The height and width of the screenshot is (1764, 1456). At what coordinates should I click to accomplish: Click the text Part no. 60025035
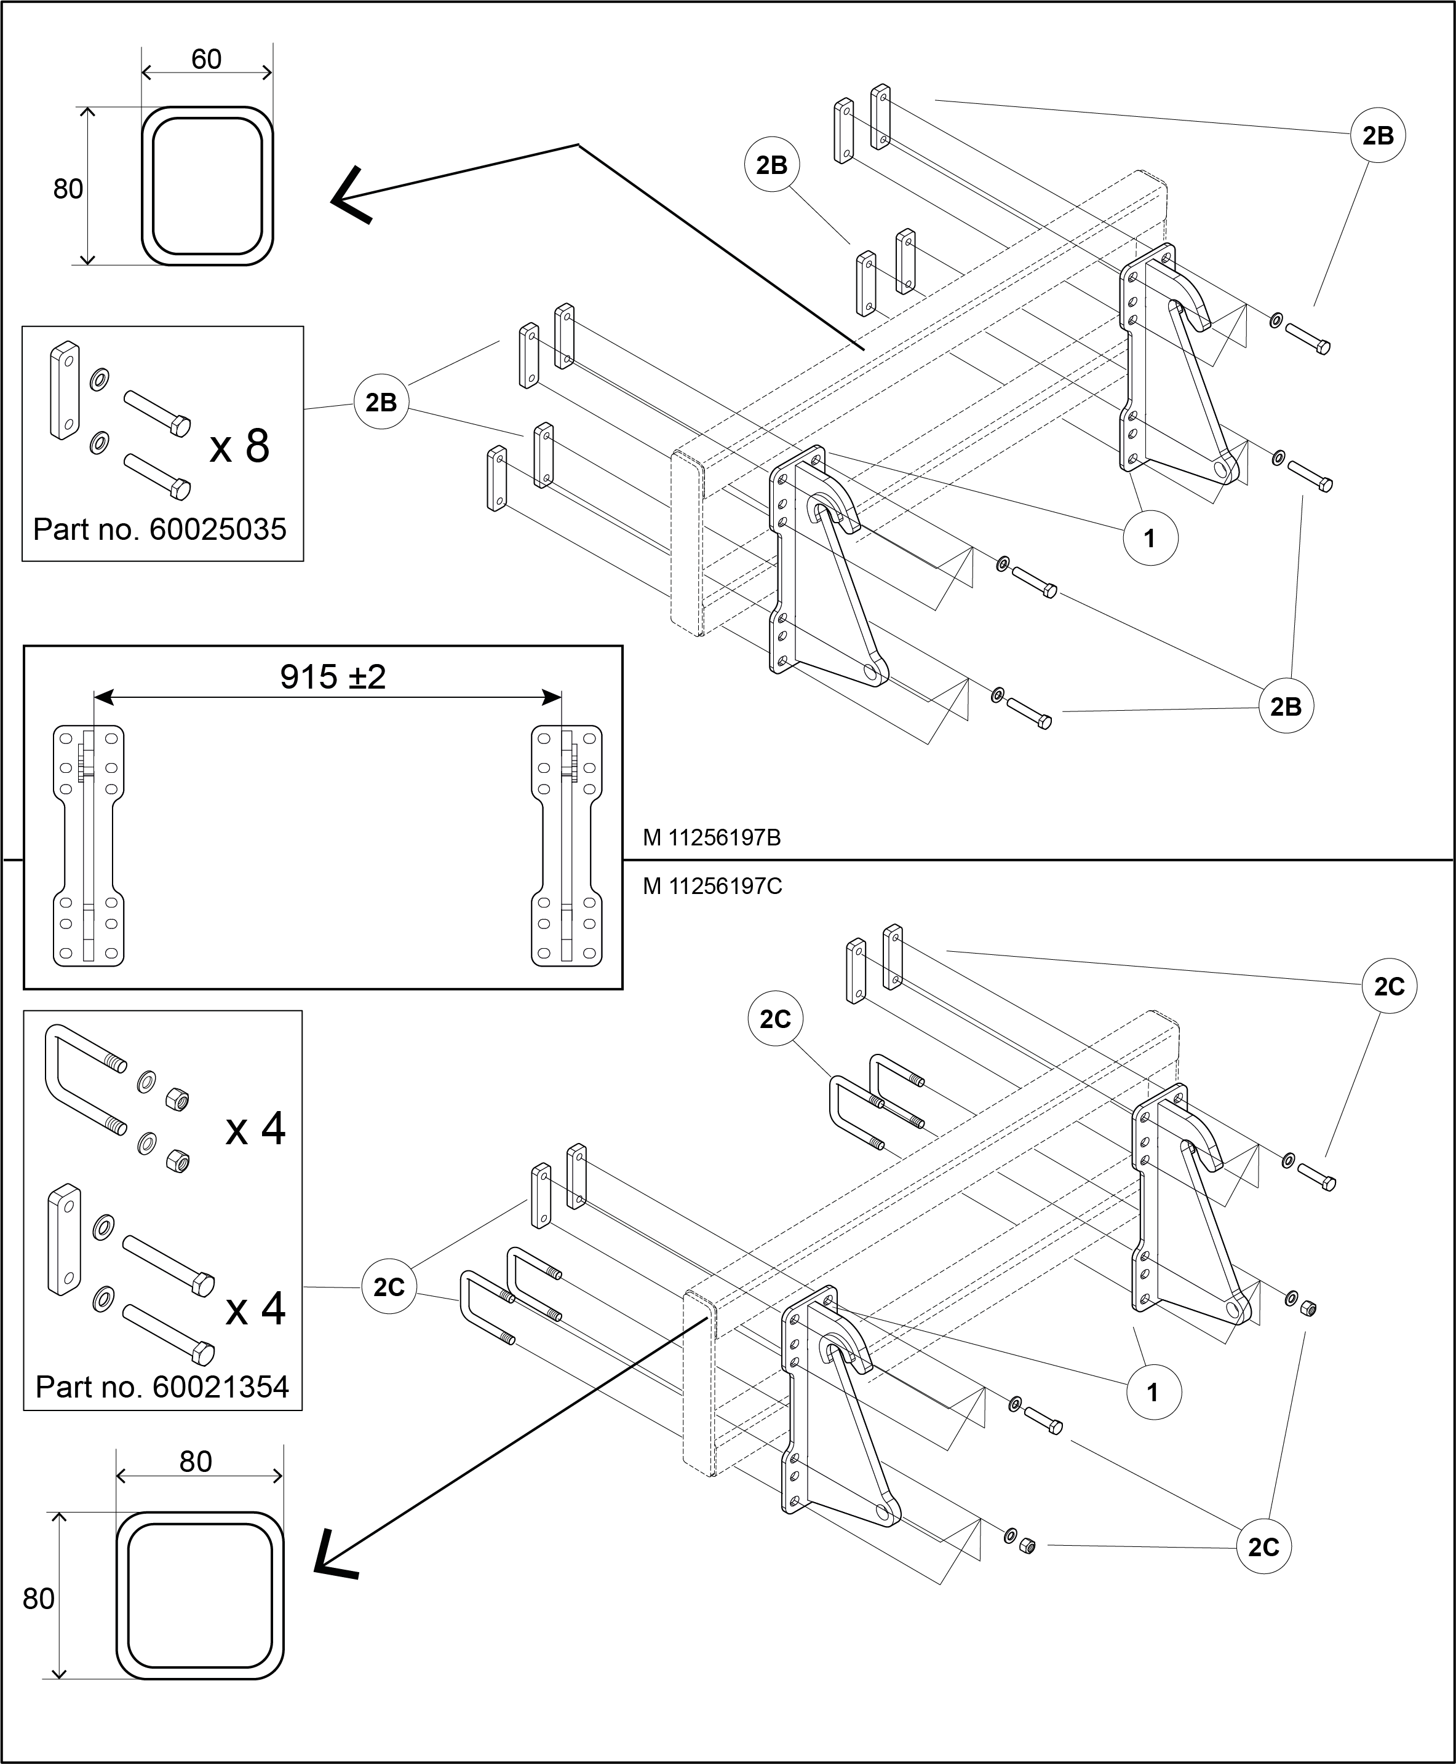tap(159, 529)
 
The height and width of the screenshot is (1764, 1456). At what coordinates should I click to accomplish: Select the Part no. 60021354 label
tap(162, 1386)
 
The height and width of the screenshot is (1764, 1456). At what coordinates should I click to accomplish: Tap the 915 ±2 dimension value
tap(333, 676)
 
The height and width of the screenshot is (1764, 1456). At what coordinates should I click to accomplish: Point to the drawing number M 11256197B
tap(712, 837)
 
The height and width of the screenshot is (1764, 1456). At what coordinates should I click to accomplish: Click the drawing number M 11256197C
tap(712, 886)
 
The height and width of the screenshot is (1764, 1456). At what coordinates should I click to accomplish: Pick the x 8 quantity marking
tap(240, 445)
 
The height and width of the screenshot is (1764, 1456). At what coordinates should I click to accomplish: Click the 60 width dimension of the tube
tap(206, 58)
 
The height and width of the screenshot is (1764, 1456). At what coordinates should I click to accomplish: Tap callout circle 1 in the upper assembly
tap(1150, 537)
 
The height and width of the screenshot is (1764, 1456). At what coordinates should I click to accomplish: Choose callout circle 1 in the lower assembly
tap(1153, 1392)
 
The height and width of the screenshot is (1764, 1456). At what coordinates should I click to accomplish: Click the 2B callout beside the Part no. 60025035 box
tap(381, 403)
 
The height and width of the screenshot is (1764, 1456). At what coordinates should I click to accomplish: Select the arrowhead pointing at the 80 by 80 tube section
tap(334, 1557)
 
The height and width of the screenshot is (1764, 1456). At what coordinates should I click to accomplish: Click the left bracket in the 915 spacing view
tap(88, 845)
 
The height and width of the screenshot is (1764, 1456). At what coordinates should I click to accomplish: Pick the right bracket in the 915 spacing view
tap(567, 845)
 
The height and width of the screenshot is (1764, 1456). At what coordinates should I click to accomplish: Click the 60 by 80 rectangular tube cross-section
tap(208, 186)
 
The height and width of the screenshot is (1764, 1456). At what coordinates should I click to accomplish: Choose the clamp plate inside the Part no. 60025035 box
tap(65, 390)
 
